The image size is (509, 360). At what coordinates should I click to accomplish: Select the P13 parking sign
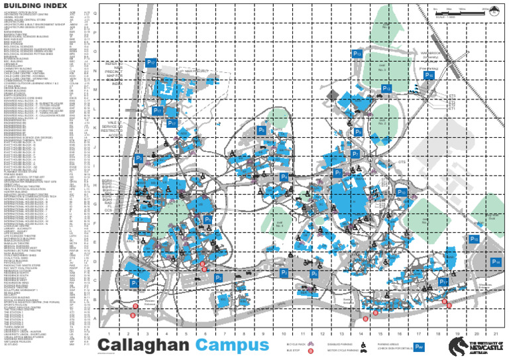pyautogui.click(x=357, y=53)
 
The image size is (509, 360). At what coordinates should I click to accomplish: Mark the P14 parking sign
pyautogui.click(x=496, y=262)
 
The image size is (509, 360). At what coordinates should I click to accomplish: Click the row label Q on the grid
pyautogui.click(x=95, y=13)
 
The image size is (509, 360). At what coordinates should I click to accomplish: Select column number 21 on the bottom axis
pyautogui.click(x=495, y=333)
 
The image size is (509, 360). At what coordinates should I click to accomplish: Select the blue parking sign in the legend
pyautogui.click(x=419, y=347)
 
